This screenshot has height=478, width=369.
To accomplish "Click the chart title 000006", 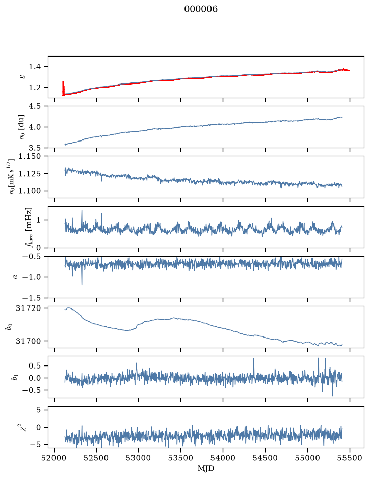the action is pyautogui.click(x=200, y=9).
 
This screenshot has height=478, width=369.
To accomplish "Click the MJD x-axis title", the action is pyautogui.click(x=206, y=468).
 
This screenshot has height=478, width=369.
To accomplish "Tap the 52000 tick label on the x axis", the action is pyautogui.click(x=55, y=458).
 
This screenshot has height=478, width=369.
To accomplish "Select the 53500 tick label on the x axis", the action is pyautogui.click(x=181, y=458).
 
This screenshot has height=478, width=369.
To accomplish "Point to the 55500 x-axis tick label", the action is pyautogui.click(x=350, y=458).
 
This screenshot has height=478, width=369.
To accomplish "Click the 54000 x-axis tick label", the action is pyautogui.click(x=223, y=458).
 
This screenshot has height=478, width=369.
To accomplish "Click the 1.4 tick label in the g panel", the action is pyautogui.click(x=35, y=67).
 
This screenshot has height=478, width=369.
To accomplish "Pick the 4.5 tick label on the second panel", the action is pyautogui.click(x=35, y=106).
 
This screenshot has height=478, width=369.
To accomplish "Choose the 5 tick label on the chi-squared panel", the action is pyautogui.click(x=38, y=410).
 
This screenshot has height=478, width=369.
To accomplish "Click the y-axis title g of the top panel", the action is pyautogui.click(x=22, y=77).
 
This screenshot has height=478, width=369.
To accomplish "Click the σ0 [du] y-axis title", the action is pyautogui.click(x=22, y=127).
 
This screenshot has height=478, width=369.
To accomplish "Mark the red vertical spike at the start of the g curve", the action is pyautogui.click(x=63, y=88).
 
